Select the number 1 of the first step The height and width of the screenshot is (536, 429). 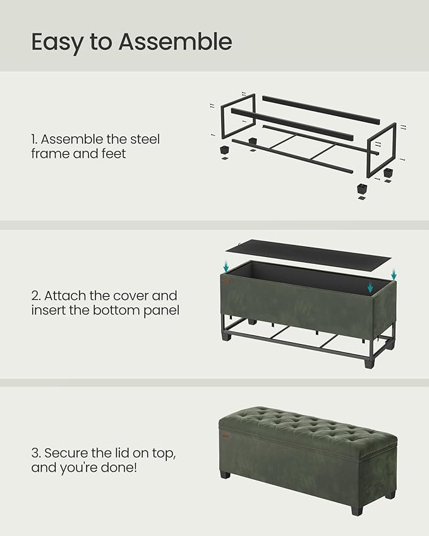coord(34,140)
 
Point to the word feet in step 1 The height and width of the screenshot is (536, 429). coord(112,153)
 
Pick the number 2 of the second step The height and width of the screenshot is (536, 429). coord(35,295)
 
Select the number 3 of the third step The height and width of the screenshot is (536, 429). coord(35,453)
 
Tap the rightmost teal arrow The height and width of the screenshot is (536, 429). coord(394,275)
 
